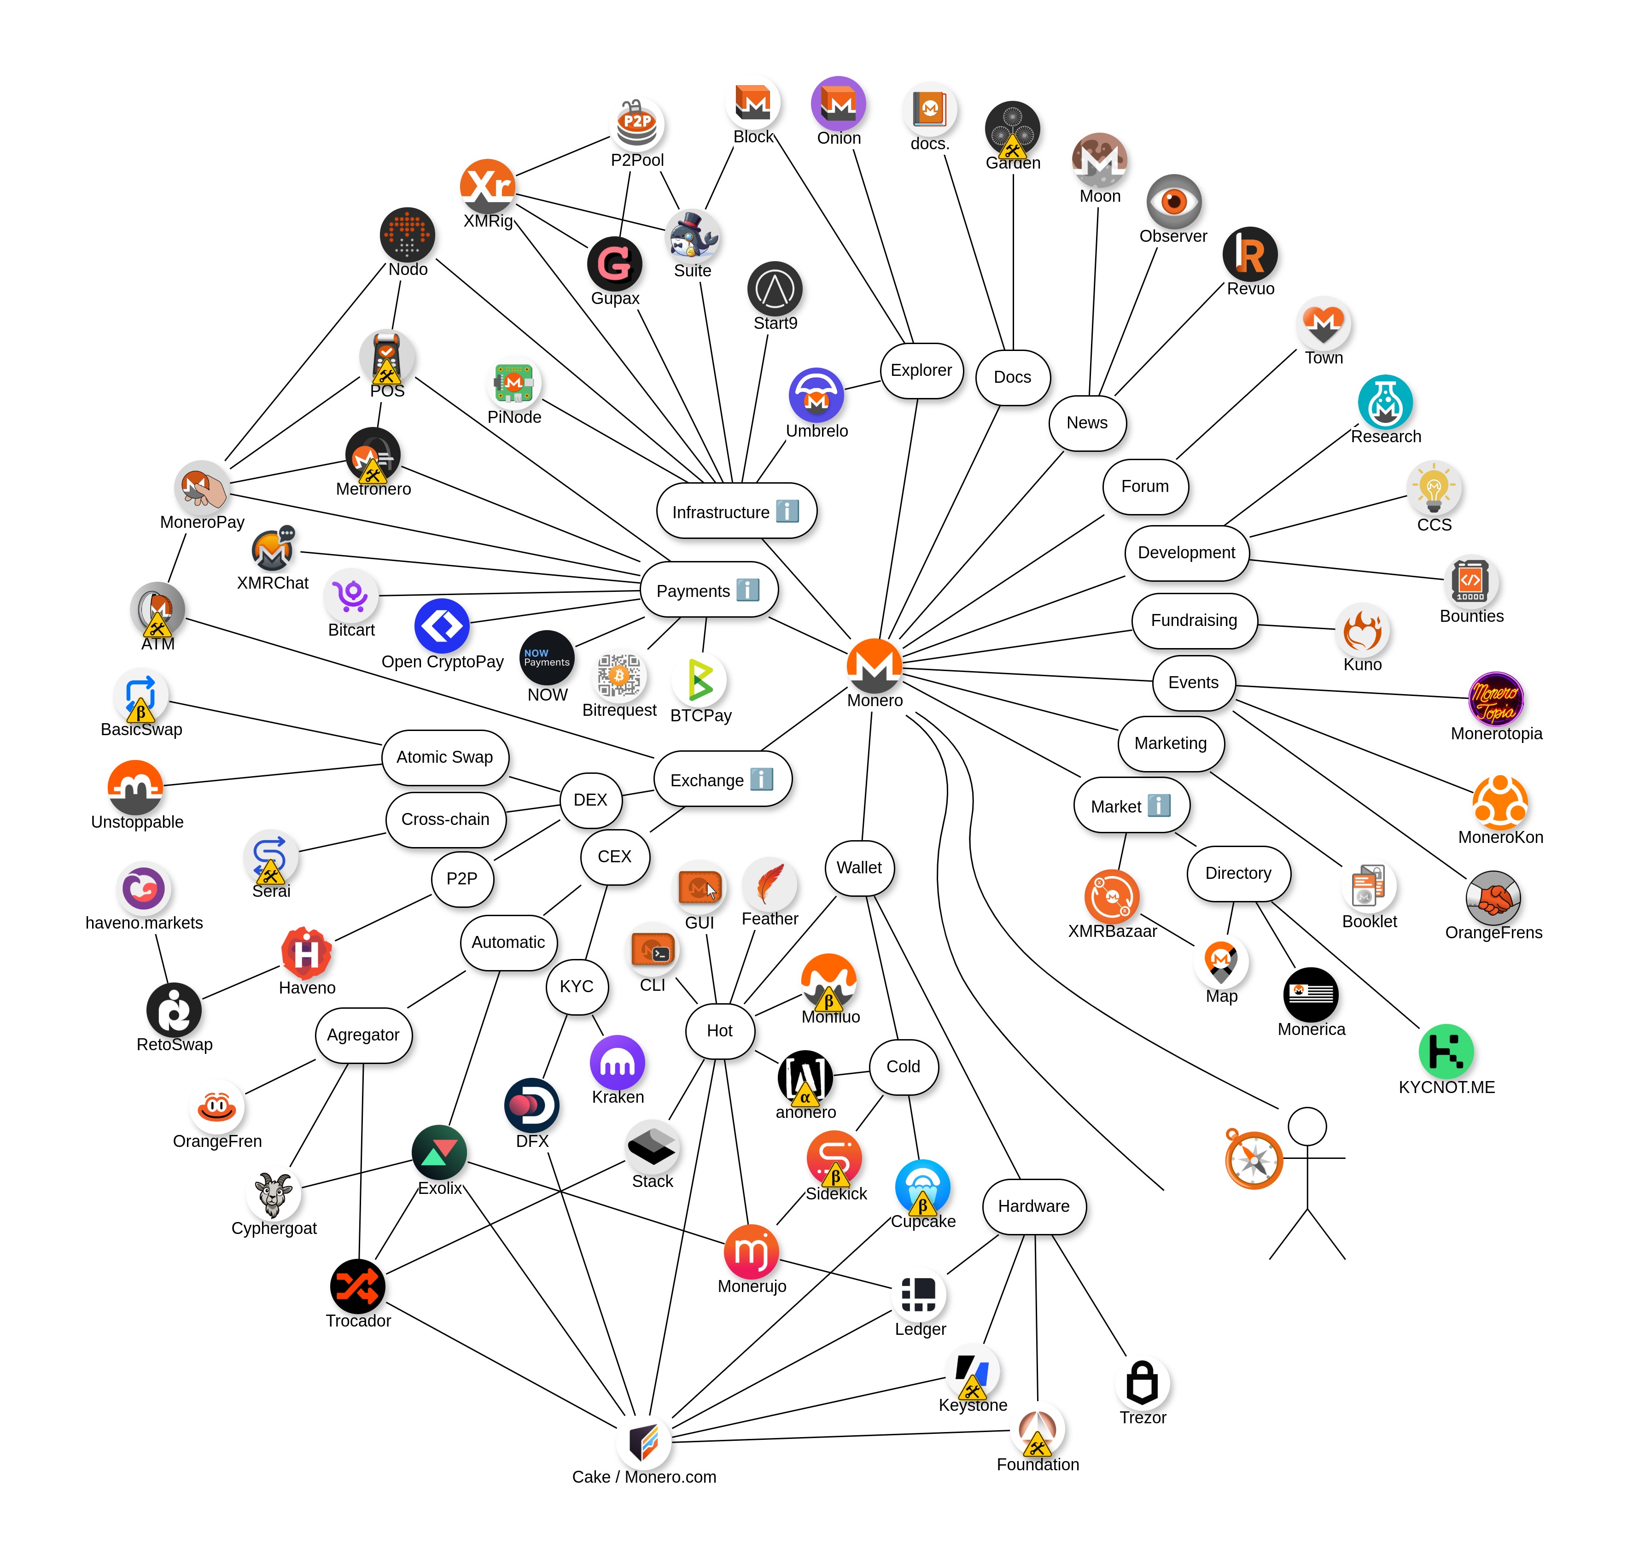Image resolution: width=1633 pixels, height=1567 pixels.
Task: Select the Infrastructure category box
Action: (736, 511)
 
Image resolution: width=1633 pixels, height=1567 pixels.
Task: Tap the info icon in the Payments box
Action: (747, 590)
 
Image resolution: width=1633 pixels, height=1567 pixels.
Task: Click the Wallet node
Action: (859, 868)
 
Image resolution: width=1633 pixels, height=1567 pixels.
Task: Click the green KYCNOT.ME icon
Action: (1446, 1051)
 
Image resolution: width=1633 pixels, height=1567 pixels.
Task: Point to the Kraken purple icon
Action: (618, 1063)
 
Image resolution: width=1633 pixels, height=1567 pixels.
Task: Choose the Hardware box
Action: (1034, 1206)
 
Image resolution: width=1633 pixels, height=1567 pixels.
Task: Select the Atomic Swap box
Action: (445, 757)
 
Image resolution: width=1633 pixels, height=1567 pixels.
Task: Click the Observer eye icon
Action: (1174, 202)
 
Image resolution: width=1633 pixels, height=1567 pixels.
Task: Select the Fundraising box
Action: (1194, 620)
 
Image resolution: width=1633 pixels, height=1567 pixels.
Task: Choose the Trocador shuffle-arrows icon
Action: (357, 1286)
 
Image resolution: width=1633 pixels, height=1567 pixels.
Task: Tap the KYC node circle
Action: (577, 986)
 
